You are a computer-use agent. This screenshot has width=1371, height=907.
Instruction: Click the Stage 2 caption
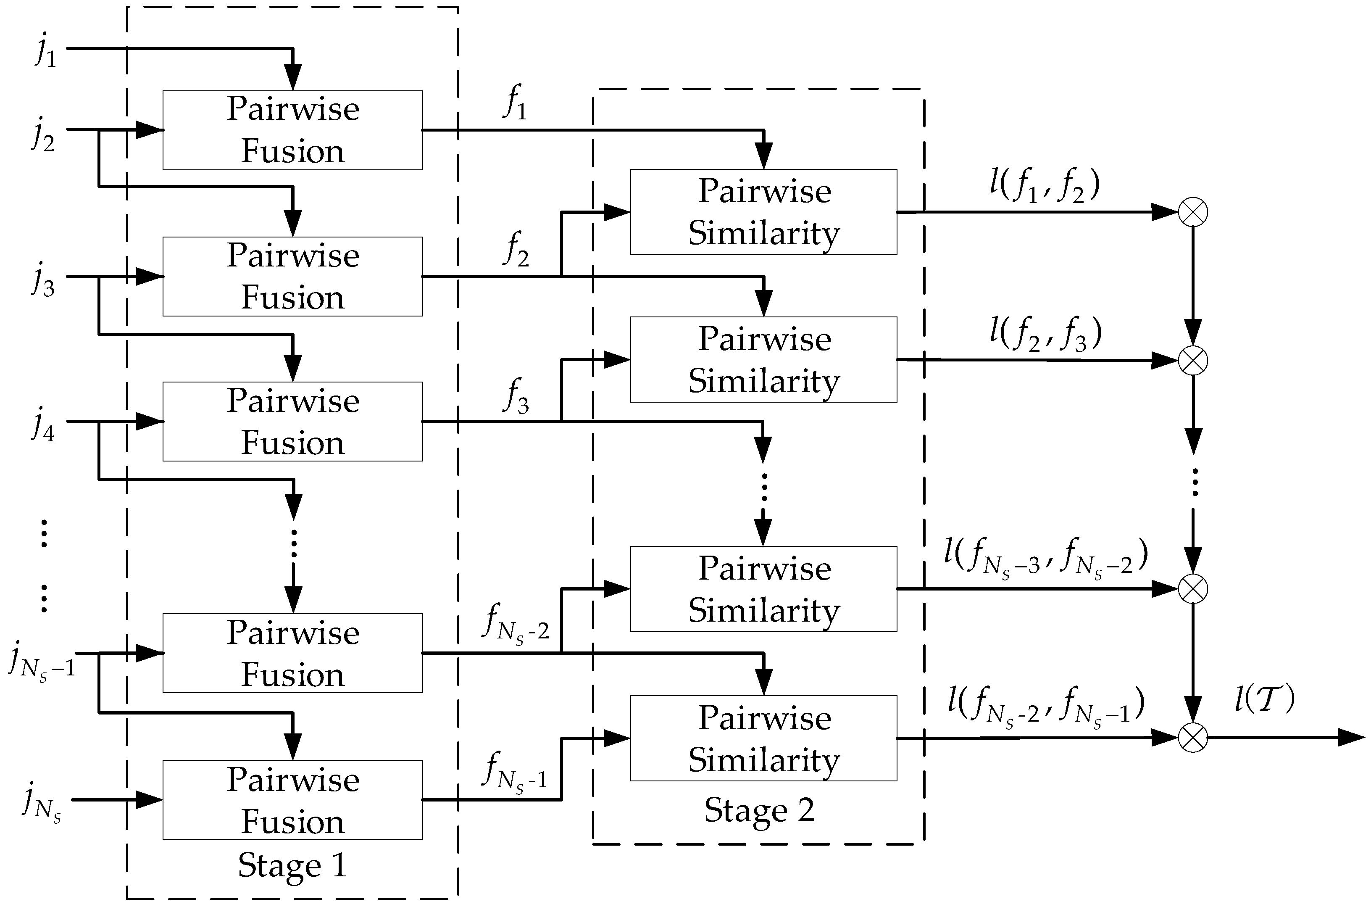tap(759, 810)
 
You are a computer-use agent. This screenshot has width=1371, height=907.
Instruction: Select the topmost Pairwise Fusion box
tap(292, 130)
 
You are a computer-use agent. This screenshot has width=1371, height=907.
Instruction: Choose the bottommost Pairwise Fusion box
tap(292, 799)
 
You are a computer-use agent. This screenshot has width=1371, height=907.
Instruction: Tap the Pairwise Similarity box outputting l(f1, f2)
tap(763, 212)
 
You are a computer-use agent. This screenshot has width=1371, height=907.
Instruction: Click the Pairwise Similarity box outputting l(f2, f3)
tap(763, 359)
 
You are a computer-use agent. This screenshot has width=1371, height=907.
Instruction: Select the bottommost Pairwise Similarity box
tap(763, 738)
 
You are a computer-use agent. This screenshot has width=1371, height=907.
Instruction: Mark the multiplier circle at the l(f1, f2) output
tap(1193, 212)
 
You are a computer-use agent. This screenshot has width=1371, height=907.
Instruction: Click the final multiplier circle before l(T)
tap(1193, 738)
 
